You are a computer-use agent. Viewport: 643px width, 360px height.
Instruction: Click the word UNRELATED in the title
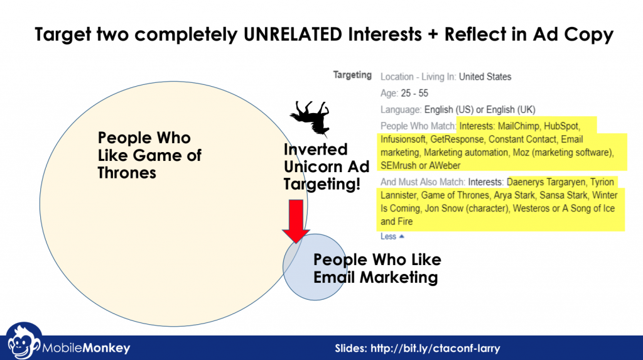pyautogui.click(x=293, y=34)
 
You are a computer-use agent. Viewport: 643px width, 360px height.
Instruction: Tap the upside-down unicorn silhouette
pyautogui.click(x=310, y=118)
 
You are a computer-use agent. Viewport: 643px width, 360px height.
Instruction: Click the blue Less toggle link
pyautogui.click(x=392, y=236)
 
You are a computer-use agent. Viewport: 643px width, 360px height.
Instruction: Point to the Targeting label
pyautogui.click(x=352, y=75)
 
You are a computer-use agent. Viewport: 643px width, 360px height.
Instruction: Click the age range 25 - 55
pyautogui.click(x=414, y=93)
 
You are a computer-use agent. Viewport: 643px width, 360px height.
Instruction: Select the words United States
pyautogui.click(x=485, y=77)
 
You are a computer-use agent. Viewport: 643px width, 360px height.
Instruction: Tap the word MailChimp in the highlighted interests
pyautogui.click(x=518, y=126)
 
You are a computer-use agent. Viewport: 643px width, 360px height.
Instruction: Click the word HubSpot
pyautogui.click(x=562, y=126)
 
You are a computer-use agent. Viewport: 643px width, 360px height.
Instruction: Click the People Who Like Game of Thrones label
pyautogui.click(x=149, y=155)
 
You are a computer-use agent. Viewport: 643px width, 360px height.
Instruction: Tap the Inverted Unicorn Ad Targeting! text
pyautogui.click(x=327, y=166)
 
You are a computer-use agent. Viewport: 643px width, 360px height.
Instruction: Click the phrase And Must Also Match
pyautogui.click(x=423, y=182)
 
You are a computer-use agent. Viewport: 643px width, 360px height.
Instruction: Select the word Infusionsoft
pyautogui.click(x=403, y=139)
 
